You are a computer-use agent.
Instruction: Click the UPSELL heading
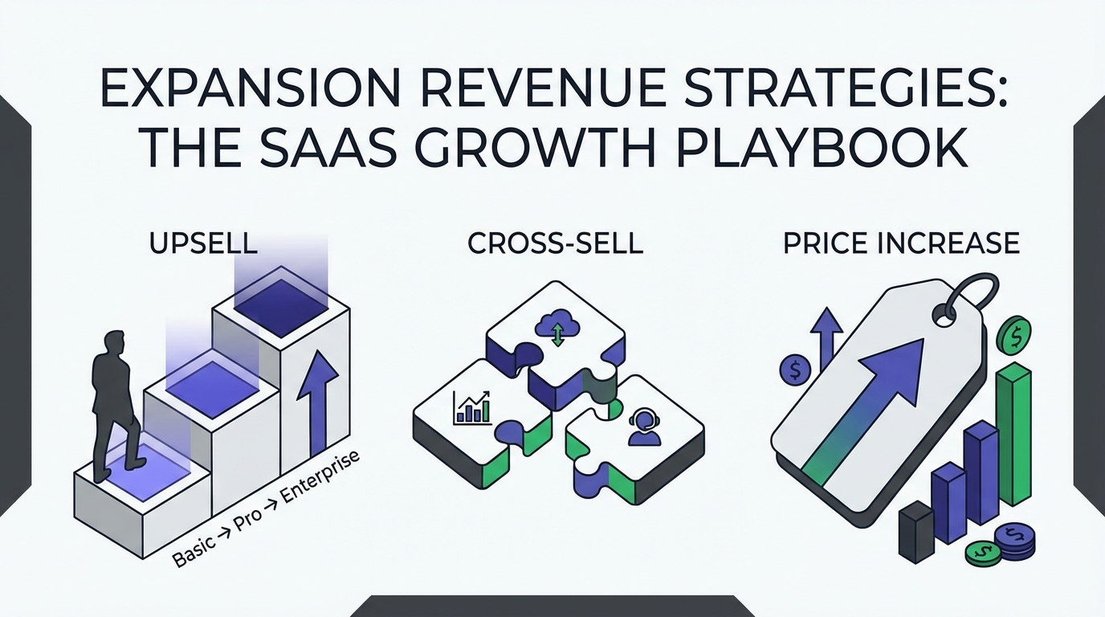pos(203,243)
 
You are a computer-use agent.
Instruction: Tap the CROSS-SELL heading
pos(556,243)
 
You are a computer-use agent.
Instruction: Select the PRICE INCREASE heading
pos(901,243)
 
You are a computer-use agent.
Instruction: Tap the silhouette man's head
pos(115,341)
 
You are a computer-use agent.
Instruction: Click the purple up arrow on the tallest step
pos(318,403)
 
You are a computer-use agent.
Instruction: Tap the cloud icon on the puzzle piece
pos(557,326)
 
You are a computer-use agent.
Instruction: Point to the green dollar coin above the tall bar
pos(1014,335)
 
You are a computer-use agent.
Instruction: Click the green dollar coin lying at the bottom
pos(984,554)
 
